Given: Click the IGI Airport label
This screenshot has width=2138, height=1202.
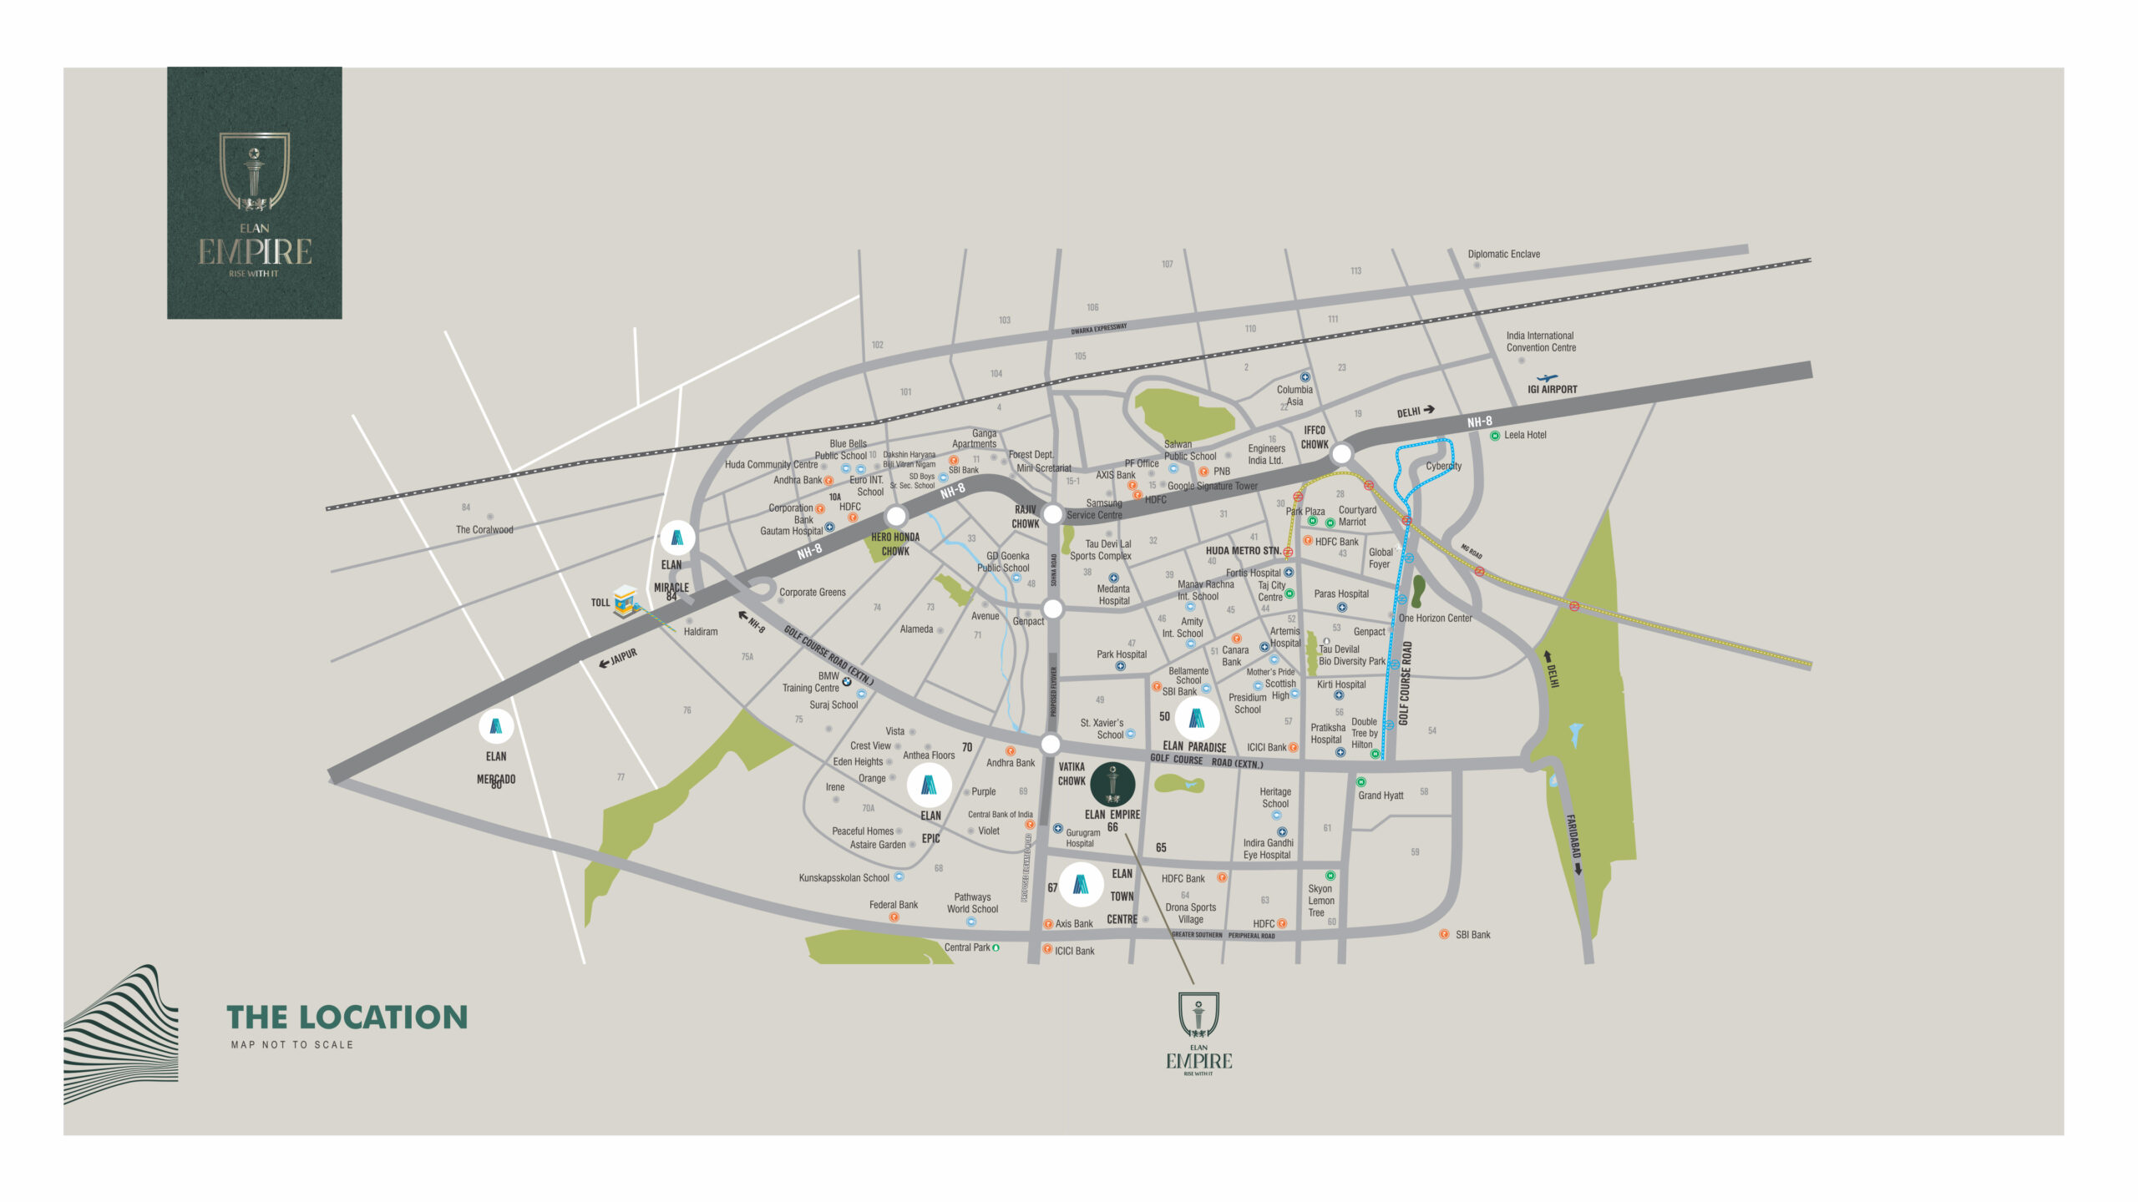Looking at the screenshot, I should click(x=1552, y=389).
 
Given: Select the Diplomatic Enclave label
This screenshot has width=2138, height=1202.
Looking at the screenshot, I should click(x=1503, y=254).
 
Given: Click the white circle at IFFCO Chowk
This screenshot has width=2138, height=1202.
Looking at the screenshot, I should click(x=1341, y=454).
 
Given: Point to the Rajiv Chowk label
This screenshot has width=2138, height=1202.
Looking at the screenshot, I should click(x=1026, y=517).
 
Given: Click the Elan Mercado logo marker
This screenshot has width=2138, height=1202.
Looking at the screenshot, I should click(x=496, y=726).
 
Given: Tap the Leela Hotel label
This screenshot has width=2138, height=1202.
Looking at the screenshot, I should click(x=1524, y=435).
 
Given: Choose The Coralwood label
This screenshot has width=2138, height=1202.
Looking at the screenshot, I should click(x=484, y=529).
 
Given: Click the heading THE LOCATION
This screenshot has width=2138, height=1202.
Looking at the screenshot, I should click(x=347, y=1017).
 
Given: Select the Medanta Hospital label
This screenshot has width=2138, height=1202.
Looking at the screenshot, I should click(x=1113, y=594).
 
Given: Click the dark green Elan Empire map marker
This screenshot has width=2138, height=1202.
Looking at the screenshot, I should click(x=1112, y=785).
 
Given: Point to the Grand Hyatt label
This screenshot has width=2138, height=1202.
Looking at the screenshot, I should click(x=1380, y=795).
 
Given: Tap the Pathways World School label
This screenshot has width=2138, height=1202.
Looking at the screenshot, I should click(x=972, y=903).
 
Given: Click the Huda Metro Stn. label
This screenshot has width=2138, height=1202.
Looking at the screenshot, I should click(x=1243, y=551).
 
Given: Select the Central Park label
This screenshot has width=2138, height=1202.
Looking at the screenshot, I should click(x=967, y=947).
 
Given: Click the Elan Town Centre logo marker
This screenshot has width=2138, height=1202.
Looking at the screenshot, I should click(x=1081, y=885).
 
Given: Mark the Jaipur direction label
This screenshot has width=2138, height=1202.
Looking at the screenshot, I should click(x=622, y=657).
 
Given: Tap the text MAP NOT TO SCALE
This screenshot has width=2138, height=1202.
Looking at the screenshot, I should click(x=292, y=1044).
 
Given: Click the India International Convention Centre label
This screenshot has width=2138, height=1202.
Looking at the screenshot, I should click(x=1541, y=341).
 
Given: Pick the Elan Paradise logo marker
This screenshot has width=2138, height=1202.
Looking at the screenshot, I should click(x=1197, y=718).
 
